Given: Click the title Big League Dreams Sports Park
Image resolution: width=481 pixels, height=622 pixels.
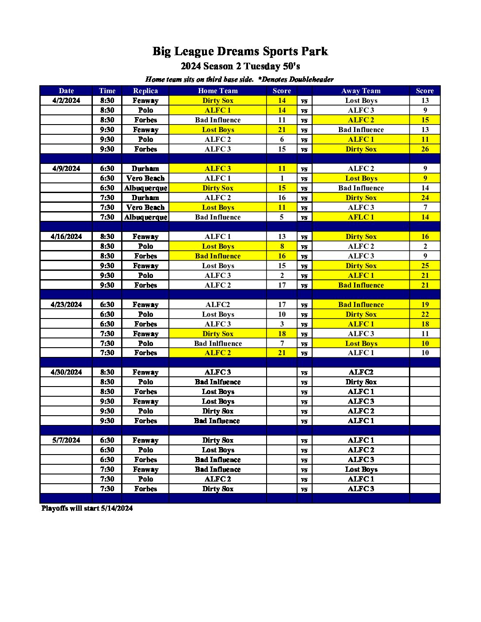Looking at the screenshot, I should click(240, 51).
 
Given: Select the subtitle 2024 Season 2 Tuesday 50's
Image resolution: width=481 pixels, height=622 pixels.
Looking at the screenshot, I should click(240, 66).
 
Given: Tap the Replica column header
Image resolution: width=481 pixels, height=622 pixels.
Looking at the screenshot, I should click(145, 91).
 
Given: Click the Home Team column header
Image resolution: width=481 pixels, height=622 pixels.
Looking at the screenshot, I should click(218, 91).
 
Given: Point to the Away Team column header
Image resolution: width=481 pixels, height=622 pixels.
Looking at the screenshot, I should click(361, 91).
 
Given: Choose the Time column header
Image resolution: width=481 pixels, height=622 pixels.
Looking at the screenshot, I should click(107, 91).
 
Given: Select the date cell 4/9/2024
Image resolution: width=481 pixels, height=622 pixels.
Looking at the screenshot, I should click(66, 169).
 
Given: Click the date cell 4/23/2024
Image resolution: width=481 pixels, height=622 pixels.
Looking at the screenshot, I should click(66, 305).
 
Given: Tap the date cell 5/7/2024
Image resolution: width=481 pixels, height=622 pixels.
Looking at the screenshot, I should click(66, 440).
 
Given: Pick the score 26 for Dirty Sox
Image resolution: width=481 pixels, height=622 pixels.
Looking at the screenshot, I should click(425, 149).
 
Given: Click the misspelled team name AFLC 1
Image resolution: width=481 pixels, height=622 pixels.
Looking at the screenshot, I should click(361, 217).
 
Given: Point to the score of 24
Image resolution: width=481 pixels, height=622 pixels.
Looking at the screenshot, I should click(425, 198).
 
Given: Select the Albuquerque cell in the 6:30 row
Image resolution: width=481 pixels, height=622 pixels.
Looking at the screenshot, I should click(145, 188).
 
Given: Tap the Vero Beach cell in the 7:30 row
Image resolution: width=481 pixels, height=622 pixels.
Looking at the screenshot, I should click(145, 208).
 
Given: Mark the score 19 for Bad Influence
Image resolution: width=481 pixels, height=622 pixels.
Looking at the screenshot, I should click(425, 305).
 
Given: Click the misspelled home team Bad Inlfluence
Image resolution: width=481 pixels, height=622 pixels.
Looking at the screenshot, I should click(218, 344).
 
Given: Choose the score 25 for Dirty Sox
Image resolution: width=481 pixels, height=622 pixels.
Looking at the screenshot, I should click(425, 266).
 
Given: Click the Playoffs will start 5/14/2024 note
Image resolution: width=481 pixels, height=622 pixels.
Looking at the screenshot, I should click(87, 508).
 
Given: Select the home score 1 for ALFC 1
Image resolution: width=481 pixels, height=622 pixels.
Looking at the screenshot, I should click(282, 178).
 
